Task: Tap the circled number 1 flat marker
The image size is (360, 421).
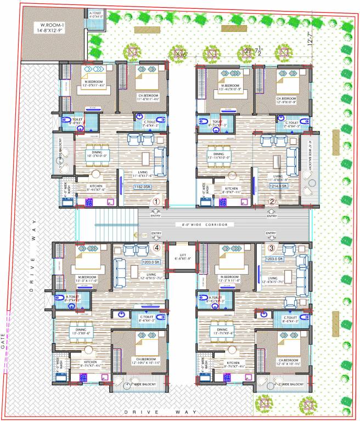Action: [x=156, y=202]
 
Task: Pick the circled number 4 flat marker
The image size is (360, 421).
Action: [x=157, y=247]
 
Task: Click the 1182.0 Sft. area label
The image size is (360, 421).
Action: [x=143, y=187]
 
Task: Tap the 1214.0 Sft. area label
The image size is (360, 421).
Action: [x=279, y=186]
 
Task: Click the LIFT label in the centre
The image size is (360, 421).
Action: [x=181, y=256]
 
